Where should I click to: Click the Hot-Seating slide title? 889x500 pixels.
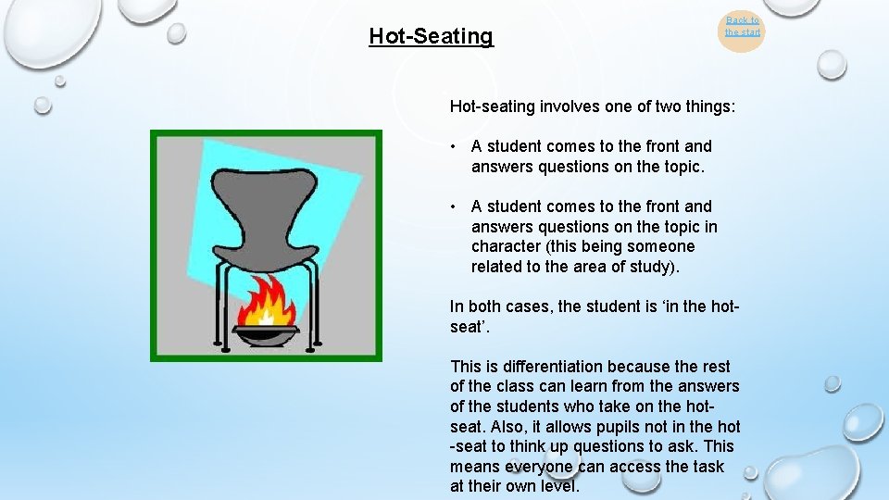[431, 36]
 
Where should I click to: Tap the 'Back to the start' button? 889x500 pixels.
[742, 26]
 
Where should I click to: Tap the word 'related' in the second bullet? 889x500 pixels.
[498, 268]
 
